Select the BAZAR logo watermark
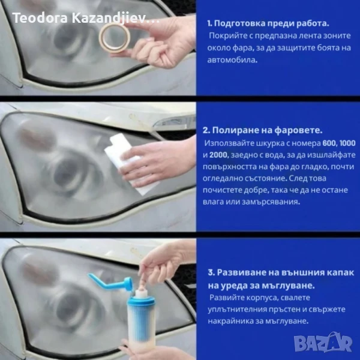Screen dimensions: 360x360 click(x=323, y=343)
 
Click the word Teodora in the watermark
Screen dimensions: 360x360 click(x=40, y=17)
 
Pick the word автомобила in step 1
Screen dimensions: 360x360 click(x=232, y=60)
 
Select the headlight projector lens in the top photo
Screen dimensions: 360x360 click(x=67, y=39)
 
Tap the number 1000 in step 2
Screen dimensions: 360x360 click(x=347, y=143)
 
